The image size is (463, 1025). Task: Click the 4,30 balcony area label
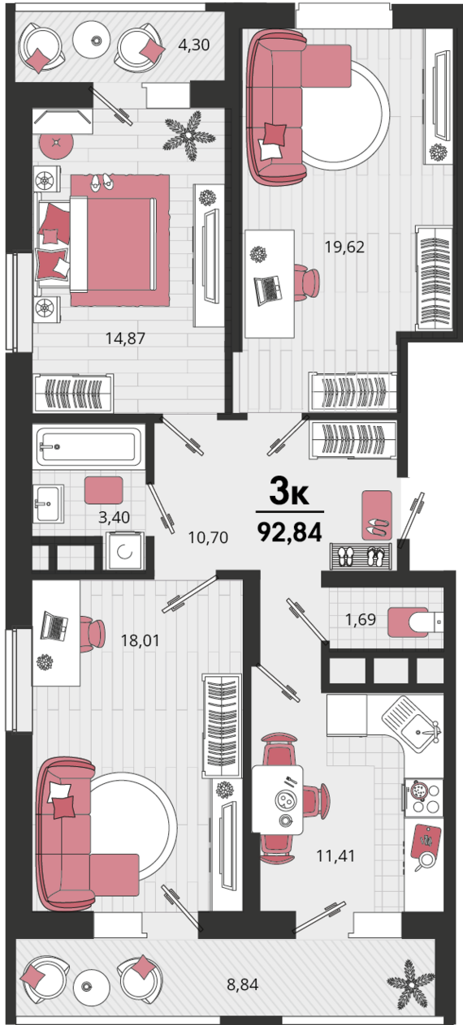pyautogui.click(x=193, y=45)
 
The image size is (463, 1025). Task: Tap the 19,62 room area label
pyautogui.click(x=344, y=247)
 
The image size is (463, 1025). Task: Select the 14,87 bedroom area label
pyautogui.click(x=125, y=338)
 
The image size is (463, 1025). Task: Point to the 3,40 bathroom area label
pyautogui.click(x=114, y=518)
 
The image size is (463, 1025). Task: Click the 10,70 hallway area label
pyautogui.click(x=208, y=538)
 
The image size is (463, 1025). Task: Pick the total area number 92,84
pyautogui.click(x=290, y=532)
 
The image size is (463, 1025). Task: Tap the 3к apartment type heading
pyautogui.click(x=289, y=491)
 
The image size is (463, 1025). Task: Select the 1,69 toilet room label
pyautogui.click(x=361, y=619)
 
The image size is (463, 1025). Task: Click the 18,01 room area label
pyautogui.click(x=141, y=640)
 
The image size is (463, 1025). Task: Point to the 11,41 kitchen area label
pyautogui.click(x=335, y=855)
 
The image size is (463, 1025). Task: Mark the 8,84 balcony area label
pyautogui.click(x=243, y=984)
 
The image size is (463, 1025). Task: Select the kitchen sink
pyautogui.click(x=411, y=724)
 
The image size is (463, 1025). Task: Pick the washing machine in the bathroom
pyautogui.click(x=124, y=551)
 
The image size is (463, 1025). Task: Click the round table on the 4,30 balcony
pyautogui.click(x=96, y=41)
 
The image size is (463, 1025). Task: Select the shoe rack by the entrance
pyautogui.click(x=361, y=556)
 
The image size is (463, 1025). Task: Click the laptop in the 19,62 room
pyautogui.click(x=267, y=290)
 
